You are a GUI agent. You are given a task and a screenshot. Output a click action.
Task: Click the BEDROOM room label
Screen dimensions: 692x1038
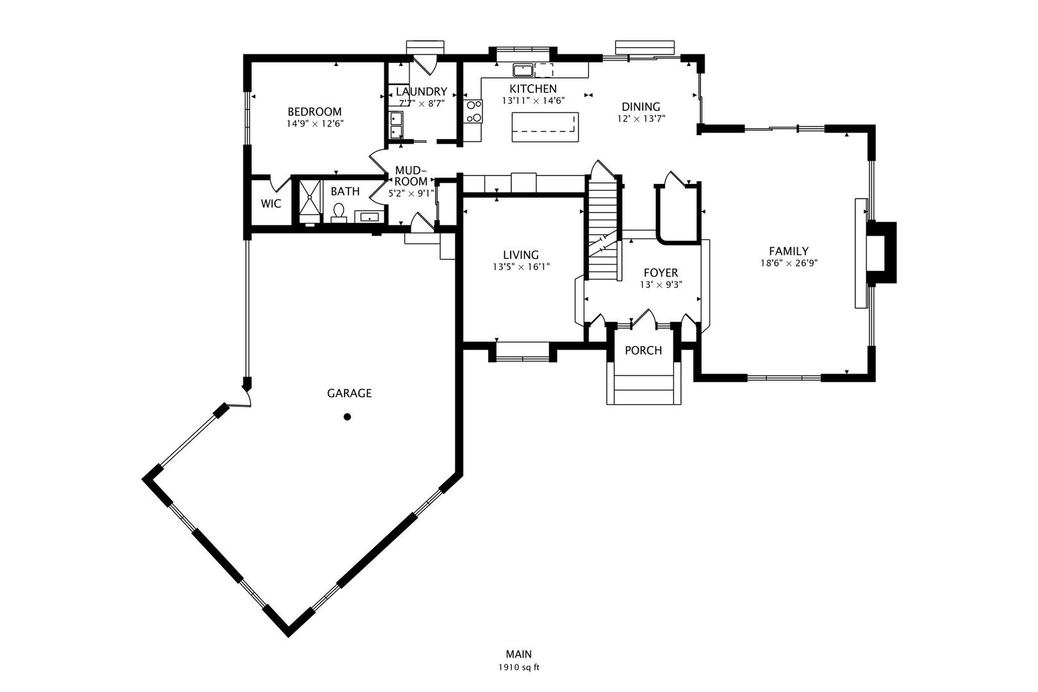[x=314, y=111]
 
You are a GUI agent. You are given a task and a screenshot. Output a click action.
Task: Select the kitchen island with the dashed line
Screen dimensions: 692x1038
[x=545, y=127]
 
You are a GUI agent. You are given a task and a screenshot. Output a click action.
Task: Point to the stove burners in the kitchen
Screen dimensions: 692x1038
[x=474, y=111]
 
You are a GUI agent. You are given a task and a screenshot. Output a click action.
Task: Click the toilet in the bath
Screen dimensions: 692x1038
[x=339, y=211]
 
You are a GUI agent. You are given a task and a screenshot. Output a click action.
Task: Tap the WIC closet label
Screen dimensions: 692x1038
[x=271, y=204]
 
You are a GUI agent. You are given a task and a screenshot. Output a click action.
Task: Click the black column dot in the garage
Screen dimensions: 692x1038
[x=347, y=417]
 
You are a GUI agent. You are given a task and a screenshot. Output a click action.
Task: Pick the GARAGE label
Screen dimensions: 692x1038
[x=349, y=393]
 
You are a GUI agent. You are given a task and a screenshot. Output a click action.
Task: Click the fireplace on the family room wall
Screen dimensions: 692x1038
[x=882, y=252]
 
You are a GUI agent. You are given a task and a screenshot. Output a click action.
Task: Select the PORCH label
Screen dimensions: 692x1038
[x=643, y=350]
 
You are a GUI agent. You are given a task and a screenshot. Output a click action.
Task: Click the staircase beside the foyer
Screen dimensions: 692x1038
[x=603, y=231]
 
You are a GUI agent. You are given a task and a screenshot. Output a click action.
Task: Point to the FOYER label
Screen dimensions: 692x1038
[x=661, y=273]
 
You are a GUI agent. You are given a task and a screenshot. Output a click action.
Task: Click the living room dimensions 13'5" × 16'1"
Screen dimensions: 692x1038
[x=521, y=267]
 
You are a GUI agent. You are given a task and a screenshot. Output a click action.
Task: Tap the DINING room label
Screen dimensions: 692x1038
[x=641, y=107]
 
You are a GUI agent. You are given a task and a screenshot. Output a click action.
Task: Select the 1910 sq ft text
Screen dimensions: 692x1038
[x=519, y=668]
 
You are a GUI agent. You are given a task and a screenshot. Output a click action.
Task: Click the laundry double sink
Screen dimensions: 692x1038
[x=396, y=125]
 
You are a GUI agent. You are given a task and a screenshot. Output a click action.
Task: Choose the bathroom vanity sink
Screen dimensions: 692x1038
[x=369, y=217]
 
